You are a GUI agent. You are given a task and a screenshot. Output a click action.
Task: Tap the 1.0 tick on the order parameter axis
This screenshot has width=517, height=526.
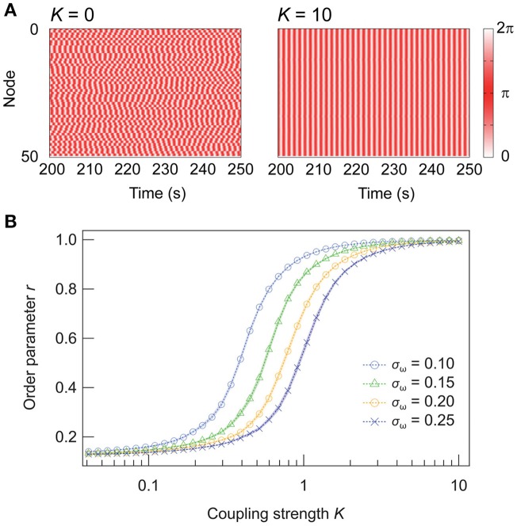[x=67, y=240]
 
